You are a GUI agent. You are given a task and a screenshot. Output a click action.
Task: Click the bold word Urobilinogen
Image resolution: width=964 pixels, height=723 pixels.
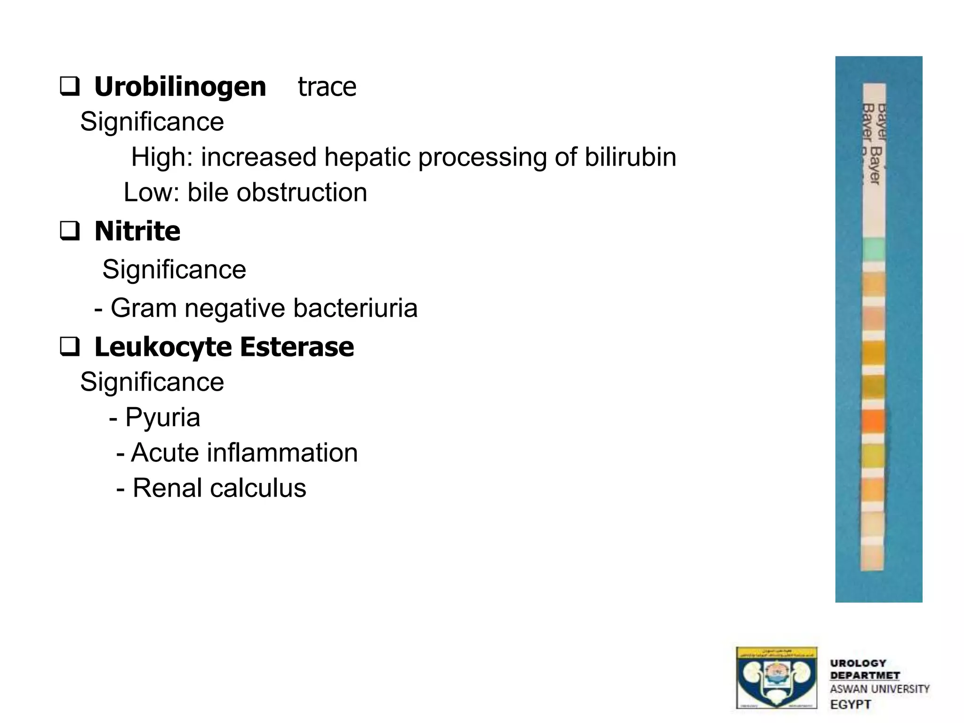pos(180,87)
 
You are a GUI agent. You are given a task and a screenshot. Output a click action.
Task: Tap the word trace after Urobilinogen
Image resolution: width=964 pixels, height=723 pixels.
pos(327,87)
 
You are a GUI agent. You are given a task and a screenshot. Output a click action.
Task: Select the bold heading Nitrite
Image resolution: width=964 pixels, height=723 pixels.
pos(137,231)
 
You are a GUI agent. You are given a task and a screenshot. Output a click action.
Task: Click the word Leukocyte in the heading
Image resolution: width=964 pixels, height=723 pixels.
pos(163,347)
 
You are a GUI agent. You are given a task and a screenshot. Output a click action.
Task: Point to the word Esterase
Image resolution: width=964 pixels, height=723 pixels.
pos(297,347)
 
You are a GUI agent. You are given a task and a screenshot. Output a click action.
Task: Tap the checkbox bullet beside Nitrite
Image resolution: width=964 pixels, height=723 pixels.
pos(70,231)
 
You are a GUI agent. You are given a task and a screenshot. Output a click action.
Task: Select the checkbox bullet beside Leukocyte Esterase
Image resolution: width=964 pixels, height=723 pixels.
pos(70,347)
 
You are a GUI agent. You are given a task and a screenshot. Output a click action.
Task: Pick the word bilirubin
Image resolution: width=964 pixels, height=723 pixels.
pos(630,157)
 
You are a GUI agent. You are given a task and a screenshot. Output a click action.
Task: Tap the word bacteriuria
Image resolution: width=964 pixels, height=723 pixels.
pos(355,308)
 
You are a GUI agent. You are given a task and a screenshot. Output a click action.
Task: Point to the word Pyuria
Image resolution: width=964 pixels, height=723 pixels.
pos(163,418)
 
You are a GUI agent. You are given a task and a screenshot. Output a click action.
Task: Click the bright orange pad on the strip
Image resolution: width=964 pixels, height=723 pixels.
pos(874,420)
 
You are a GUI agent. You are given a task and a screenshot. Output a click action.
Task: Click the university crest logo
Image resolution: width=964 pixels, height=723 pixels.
pos(776,678)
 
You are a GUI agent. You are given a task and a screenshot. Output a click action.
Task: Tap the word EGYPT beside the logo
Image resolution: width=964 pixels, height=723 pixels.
pos(851,705)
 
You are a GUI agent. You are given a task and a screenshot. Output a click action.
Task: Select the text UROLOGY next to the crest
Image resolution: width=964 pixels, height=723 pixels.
pos(858,663)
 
